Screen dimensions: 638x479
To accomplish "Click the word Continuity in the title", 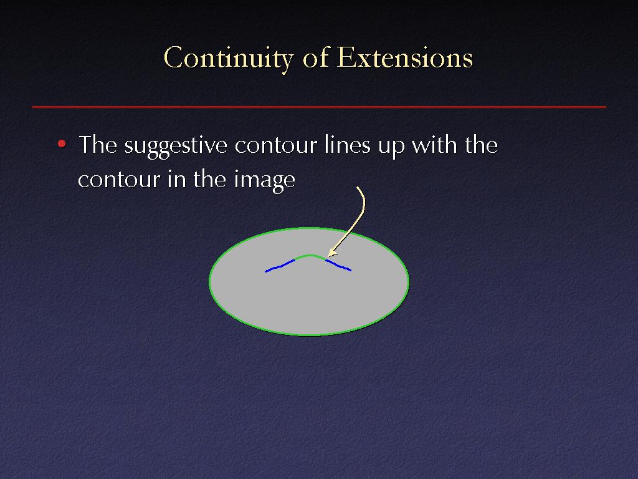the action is click(x=228, y=58).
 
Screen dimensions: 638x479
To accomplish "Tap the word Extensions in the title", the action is click(x=405, y=57).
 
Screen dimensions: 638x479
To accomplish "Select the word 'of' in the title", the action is click(x=315, y=56).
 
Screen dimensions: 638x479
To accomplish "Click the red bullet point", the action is click(x=62, y=143).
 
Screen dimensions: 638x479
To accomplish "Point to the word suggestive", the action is click(x=175, y=147).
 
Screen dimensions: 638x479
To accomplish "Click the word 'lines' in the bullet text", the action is click(x=348, y=145).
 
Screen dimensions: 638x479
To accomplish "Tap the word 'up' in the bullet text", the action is click(x=391, y=148).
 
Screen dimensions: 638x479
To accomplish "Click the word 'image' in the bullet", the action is click(x=264, y=180).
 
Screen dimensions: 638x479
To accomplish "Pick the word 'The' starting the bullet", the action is click(x=98, y=144).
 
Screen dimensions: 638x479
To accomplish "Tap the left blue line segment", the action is click(x=280, y=266).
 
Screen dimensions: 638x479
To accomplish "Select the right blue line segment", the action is click(x=338, y=265).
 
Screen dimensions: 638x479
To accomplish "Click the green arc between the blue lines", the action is click(x=310, y=256).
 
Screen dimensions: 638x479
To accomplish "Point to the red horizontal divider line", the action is click(x=319, y=107).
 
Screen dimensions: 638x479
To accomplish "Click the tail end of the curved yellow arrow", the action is click(x=357, y=187).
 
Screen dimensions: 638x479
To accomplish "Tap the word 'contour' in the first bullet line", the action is click(x=275, y=145).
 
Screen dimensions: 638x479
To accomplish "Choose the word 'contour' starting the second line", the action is click(x=118, y=180).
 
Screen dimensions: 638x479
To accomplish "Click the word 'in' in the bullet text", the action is click(x=175, y=178).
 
